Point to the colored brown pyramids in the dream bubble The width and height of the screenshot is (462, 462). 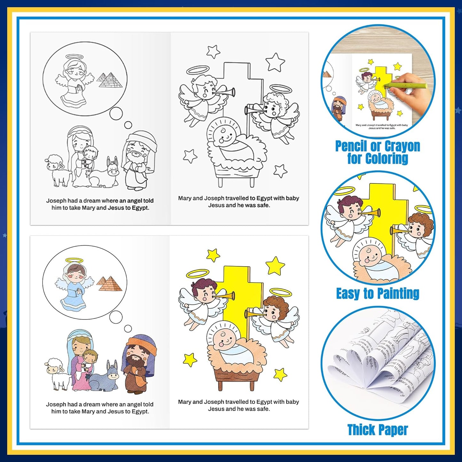click(x=109, y=284)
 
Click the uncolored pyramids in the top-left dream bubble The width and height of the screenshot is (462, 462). click(x=109, y=80)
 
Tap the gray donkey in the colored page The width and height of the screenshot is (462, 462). click(x=104, y=377)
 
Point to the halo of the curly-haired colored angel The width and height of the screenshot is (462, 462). click(x=280, y=292)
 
